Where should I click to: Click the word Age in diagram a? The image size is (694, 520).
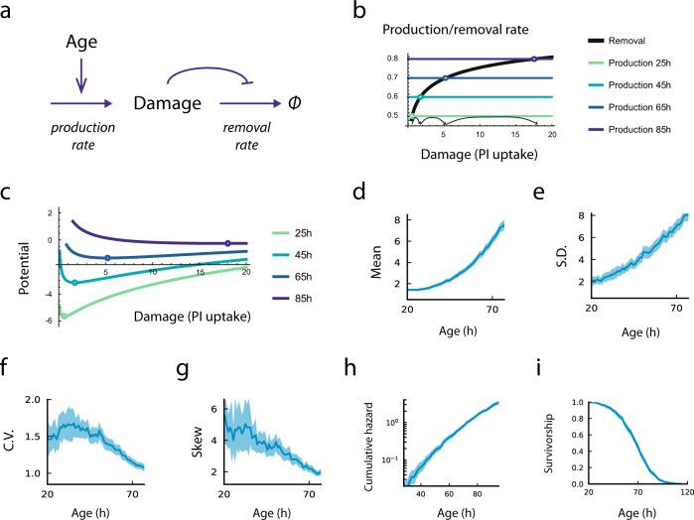pyautogui.click(x=81, y=45)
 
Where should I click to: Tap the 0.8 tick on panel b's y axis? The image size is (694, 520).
pyautogui.click(x=393, y=59)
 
